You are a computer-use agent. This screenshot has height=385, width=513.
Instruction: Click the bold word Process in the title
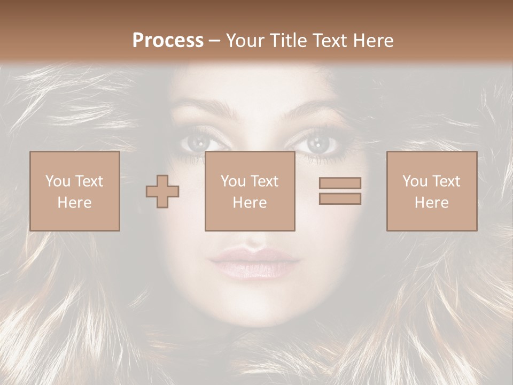pyautogui.click(x=168, y=41)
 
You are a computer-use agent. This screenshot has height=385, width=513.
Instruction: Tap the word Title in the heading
pyautogui.click(x=287, y=41)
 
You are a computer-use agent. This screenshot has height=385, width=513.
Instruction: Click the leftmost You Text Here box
pyautogui.click(x=75, y=191)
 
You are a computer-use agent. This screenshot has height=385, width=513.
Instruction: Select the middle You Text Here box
pyautogui.click(x=250, y=191)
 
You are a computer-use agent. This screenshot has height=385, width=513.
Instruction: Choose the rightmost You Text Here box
pyautogui.click(x=432, y=191)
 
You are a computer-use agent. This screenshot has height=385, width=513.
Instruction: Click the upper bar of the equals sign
pyautogui.click(x=340, y=183)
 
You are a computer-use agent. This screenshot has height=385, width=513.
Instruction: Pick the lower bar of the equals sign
pyautogui.click(x=340, y=199)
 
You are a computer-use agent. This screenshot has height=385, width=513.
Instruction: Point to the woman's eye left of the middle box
pyautogui.click(x=198, y=142)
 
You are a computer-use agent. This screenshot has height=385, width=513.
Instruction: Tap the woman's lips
pyautogui.click(x=254, y=262)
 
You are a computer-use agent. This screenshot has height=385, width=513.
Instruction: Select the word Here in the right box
pyautogui.click(x=432, y=203)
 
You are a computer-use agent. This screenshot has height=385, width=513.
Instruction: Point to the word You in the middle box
pyautogui.click(x=233, y=181)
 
